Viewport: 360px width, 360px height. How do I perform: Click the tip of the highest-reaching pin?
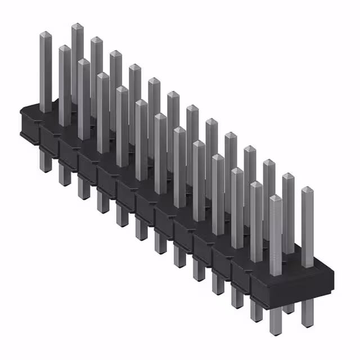coord(77,26)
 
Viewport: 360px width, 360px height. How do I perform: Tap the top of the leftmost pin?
coord(46,35)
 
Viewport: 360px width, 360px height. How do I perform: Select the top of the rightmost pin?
coord(307,190)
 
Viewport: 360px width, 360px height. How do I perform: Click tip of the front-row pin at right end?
coord(276,198)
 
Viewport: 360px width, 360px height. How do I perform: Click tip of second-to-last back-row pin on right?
coord(289,176)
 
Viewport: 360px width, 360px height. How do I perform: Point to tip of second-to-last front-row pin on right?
coord(256,184)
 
